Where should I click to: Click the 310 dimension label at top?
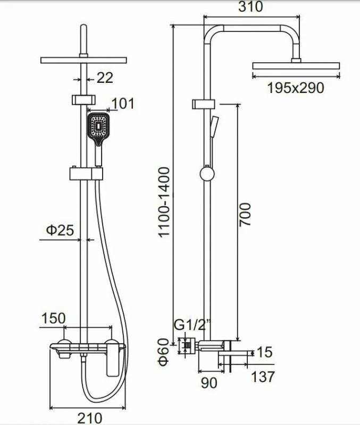pyautogui.click(x=250, y=6)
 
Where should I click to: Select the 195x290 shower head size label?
pyautogui.click(x=296, y=88)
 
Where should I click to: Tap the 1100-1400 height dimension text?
pyautogui.click(x=164, y=202)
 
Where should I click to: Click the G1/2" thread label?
pyautogui.click(x=192, y=325)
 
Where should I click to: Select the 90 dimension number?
pyautogui.click(x=209, y=382)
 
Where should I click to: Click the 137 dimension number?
pyautogui.click(x=263, y=377)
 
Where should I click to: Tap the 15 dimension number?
pyautogui.click(x=264, y=352)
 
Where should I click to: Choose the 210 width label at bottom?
pyautogui.click(x=90, y=418)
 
